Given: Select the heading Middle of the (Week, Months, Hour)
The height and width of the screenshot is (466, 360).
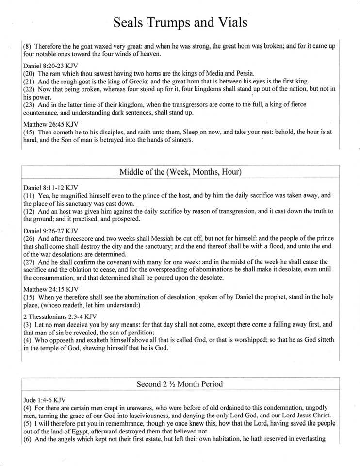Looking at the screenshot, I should (180, 172).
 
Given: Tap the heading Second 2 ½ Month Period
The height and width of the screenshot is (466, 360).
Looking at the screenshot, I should (180, 384).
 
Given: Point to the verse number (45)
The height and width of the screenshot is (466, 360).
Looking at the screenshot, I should (30, 133).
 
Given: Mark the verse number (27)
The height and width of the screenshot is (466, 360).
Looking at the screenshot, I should (30, 262).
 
